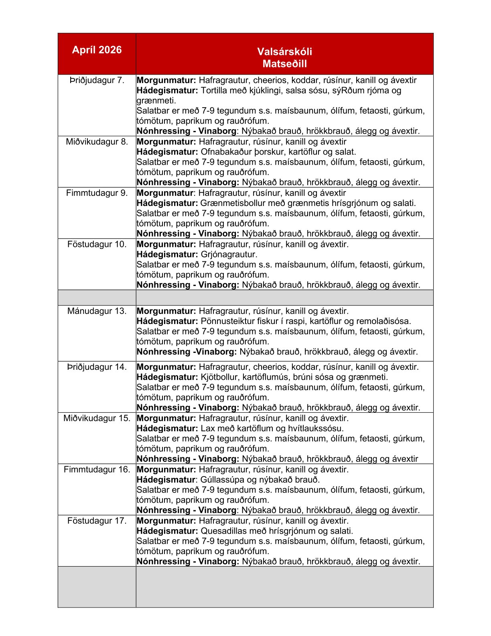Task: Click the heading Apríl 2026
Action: point(97,50)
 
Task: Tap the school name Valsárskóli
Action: point(284,51)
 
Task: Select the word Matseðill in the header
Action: point(284,63)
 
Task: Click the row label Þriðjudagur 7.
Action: point(97,80)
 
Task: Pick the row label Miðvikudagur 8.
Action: point(97,142)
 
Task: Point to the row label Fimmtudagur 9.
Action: point(97,193)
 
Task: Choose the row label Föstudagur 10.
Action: point(97,244)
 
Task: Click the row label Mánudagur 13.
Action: point(97,311)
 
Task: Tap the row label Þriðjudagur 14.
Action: point(97,367)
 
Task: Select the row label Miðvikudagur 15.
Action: point(97,418)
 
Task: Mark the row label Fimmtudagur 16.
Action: point(97,470)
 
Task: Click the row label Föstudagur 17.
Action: point(97,521)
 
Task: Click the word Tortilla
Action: point(215,90)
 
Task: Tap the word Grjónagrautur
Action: point(229,255)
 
